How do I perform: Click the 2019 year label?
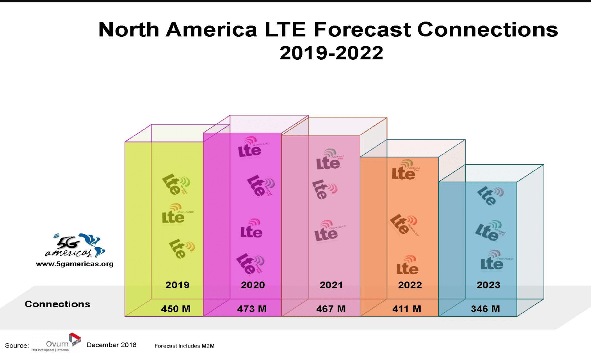coord(177,285)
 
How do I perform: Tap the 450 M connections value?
coord(176,309)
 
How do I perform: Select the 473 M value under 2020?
coord(252,309)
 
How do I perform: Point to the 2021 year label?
coord(331,285)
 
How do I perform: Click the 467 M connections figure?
coord(331,309)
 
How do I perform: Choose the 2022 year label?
coord(410,285)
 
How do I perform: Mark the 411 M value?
coord(406,309)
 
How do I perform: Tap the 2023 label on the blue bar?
coord(488,285)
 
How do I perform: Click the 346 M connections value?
coord(485,309)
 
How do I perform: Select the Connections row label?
coord(57,304)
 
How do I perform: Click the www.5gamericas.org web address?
coord(75,264)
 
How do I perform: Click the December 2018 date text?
coord(111,345)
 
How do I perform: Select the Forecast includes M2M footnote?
coord(184,346)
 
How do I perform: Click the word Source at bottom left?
coord(17,346)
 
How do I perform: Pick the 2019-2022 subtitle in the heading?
coord(331,53)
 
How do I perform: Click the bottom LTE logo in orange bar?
coord(408,266)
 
